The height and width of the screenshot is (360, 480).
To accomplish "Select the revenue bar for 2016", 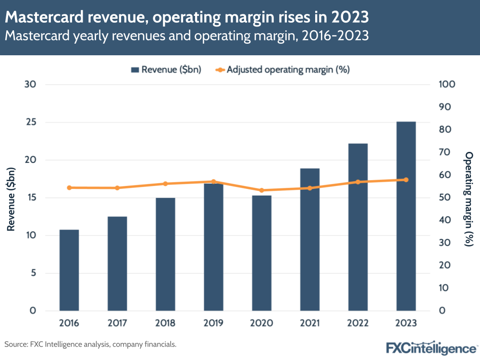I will pos(69,270).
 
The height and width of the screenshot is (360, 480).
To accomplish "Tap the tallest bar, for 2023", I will pos(406,216).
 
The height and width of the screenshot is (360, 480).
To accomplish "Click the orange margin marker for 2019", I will pos(213,182).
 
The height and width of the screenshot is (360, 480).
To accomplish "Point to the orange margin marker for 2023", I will pos(406,180).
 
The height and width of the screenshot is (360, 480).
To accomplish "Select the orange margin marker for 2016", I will pos(69,187).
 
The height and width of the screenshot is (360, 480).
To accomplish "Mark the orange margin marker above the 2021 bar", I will pos(310,188).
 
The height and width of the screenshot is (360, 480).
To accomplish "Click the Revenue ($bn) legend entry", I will pos(166,70).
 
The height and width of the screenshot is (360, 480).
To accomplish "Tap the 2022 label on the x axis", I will pos(358,323).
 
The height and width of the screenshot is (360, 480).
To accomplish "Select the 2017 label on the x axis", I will pos(117,323).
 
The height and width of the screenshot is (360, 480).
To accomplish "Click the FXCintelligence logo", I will pos(431,347).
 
